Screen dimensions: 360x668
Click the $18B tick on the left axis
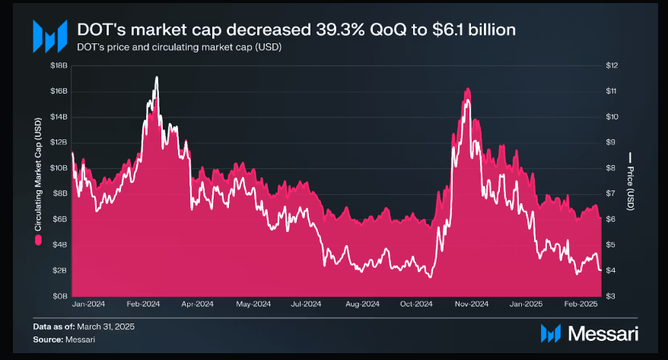coord(59,66)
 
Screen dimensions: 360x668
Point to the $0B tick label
coord(59,295)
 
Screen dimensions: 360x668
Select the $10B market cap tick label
coord(59,168)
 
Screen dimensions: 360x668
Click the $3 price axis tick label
coord(611,295)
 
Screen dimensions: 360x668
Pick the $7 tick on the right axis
coord(611,193)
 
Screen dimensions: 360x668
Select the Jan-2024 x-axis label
coord(89,304)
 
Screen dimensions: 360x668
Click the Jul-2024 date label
coord(307,304)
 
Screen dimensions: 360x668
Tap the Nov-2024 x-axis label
coord(472,304)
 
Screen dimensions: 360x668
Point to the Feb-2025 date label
coord(581,304)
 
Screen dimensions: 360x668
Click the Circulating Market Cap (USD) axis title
coord(38,176)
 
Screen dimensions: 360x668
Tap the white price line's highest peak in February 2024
coord(157,78)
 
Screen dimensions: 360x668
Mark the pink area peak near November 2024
coord(466,89)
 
